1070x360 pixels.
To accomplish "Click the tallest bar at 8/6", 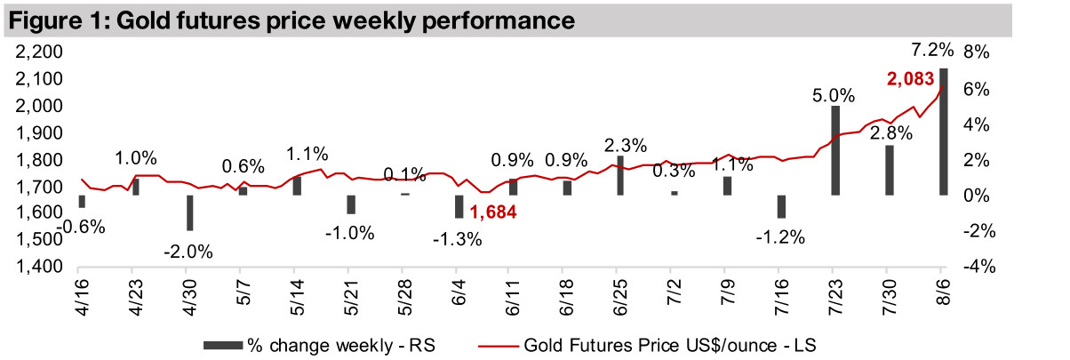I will [x=943, y=132].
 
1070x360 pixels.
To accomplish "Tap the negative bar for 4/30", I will [x=189, y=212].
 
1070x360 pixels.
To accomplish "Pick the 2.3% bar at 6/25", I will [x=620, y=175].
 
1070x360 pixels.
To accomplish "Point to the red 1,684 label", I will [x=493, y=212].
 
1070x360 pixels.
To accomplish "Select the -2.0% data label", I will [x=188, y=251].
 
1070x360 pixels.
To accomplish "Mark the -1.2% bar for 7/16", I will [x=781, y=206].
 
